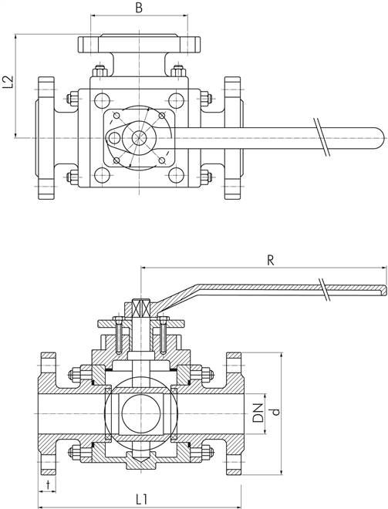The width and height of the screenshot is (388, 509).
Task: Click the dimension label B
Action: (x=139, y=8)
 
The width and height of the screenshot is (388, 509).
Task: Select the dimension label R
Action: (x=271, y=261)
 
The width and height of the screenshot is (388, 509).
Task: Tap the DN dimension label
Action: (x=258, y=413)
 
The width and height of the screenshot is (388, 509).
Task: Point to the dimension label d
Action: (x=275, y=412)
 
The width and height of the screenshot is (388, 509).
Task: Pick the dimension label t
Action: (x=48, y=484)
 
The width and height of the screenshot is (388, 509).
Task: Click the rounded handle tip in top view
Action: (x=383, y=138)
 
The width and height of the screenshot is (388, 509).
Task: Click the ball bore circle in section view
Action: (x=141, y=413)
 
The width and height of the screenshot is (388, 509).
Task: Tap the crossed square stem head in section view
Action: (x=141, y=308)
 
